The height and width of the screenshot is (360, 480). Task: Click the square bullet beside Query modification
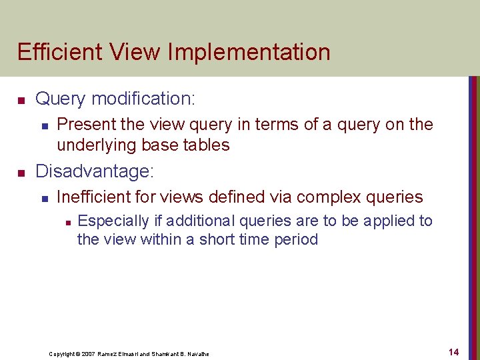point(21,101)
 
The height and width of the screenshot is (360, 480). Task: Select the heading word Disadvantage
point(93,172)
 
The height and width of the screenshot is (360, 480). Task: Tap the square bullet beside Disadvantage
point(21,173)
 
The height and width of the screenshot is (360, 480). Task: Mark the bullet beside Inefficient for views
point(44,199)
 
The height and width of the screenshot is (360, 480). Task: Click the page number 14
point(454,351)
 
